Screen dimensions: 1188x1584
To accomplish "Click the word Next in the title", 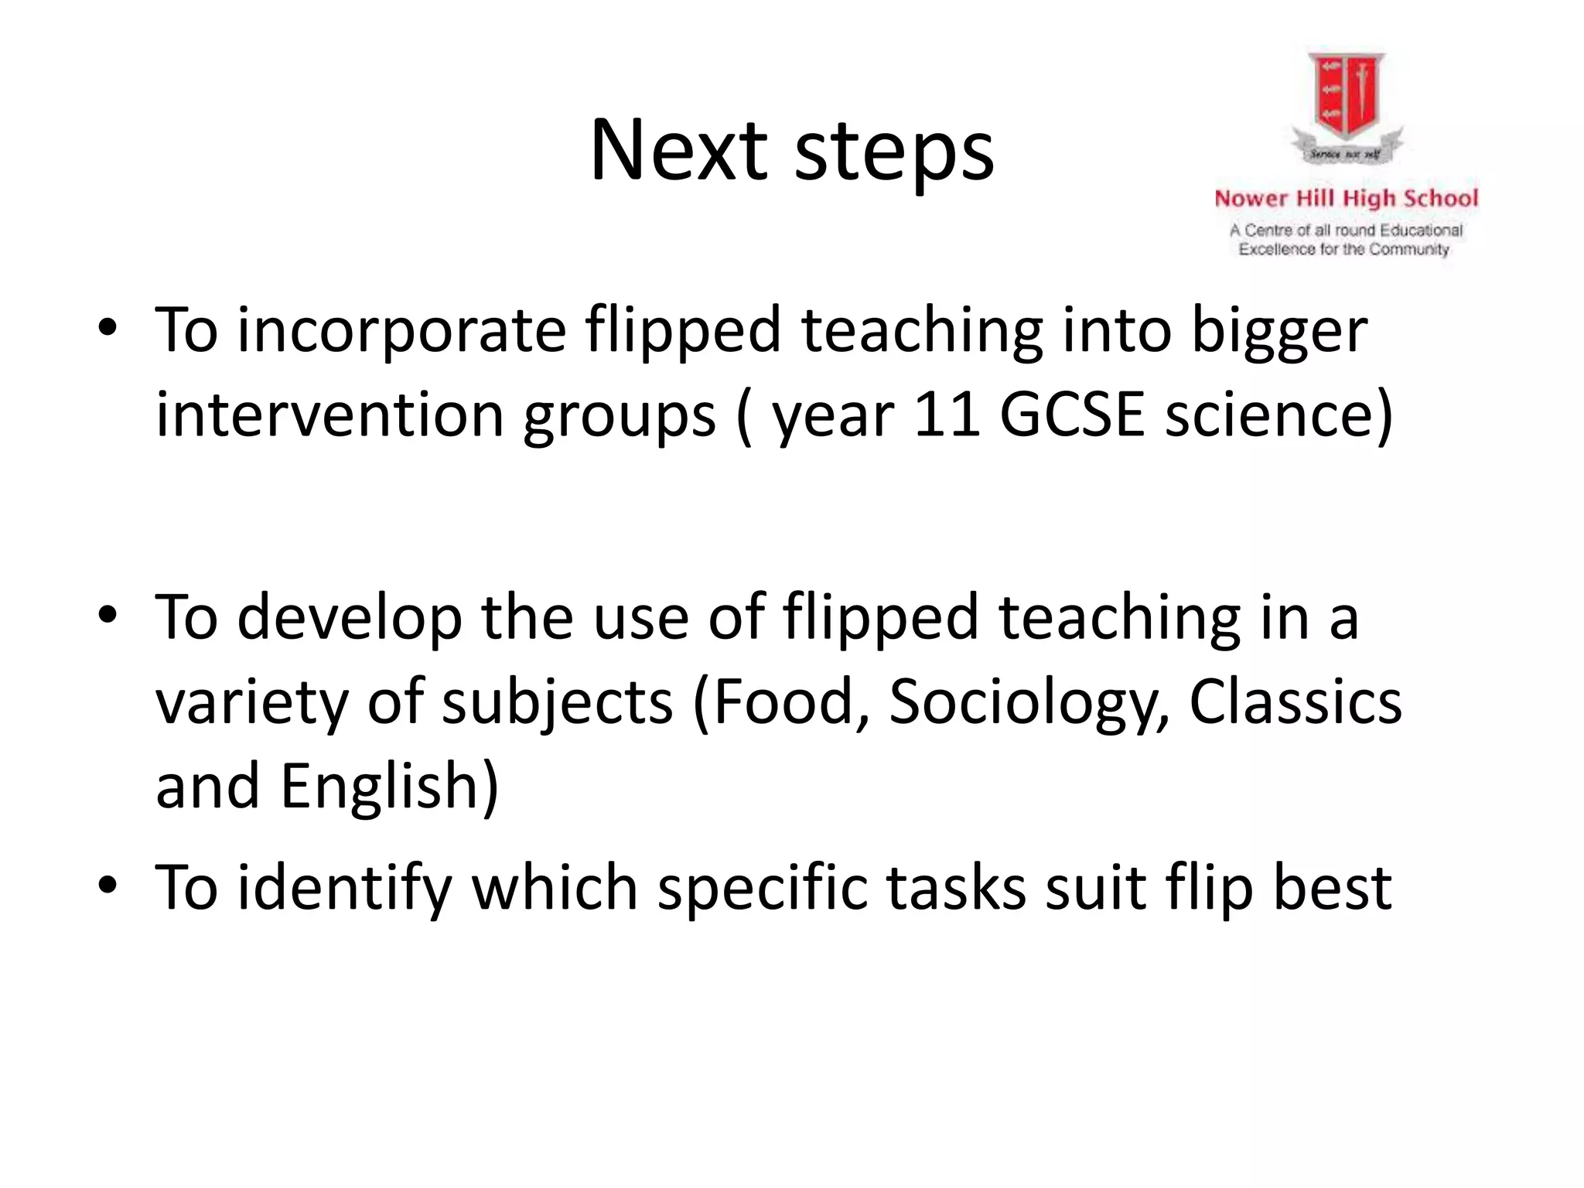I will pos(678,150).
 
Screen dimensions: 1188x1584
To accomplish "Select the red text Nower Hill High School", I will pos(1346,199).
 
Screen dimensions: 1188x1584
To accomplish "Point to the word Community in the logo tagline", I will pos(1408,249).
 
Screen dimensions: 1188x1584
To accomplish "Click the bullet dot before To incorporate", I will pos(108,329).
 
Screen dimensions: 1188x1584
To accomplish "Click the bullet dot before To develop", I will pos(108,616).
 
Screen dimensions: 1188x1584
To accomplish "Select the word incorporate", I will pos(401,331).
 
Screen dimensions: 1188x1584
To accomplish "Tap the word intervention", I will pos(329,415).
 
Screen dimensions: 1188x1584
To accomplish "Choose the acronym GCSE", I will pos(1071,415).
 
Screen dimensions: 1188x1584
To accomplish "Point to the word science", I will pos(1268,415).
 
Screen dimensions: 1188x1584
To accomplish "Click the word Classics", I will pos(1295,702).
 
